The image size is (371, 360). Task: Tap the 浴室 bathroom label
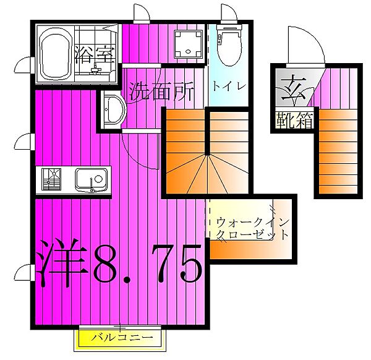[x=95, y=54]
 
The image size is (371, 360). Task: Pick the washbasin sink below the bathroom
[x=113, y=112]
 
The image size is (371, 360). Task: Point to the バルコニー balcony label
[x=122, y=338]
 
